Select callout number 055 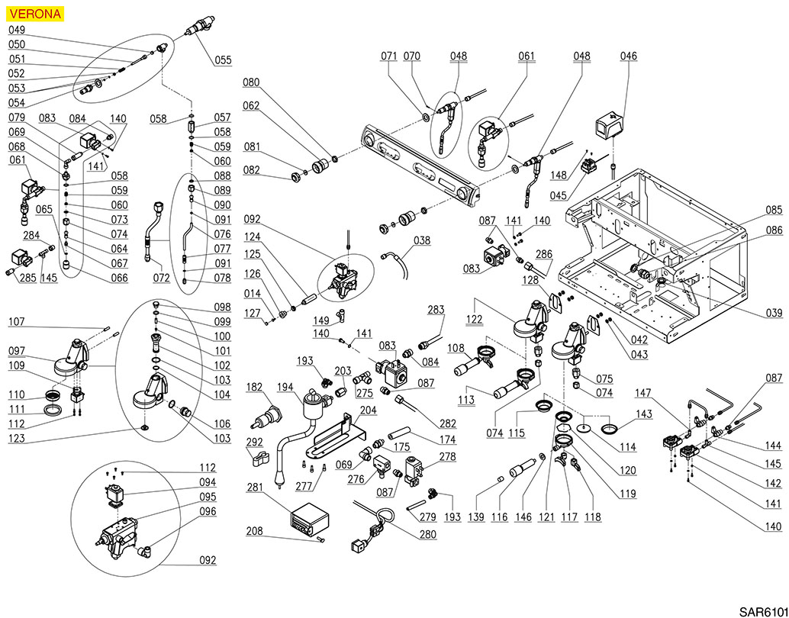coord(223,60)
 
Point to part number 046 coord(628,56)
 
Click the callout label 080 coord(251,82)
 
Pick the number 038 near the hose coord(422,240)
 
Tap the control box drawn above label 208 coord(310,519)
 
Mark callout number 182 coord(254,388)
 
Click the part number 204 coord(368,409)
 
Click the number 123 coord(17,439)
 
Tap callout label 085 coord(774,210)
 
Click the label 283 coord(436,310)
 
